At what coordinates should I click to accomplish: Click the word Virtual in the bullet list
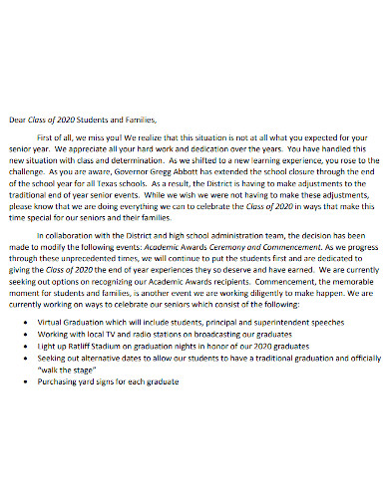[x=77, y=329]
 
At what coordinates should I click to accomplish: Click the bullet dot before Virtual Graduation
[x=52, y=329]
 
